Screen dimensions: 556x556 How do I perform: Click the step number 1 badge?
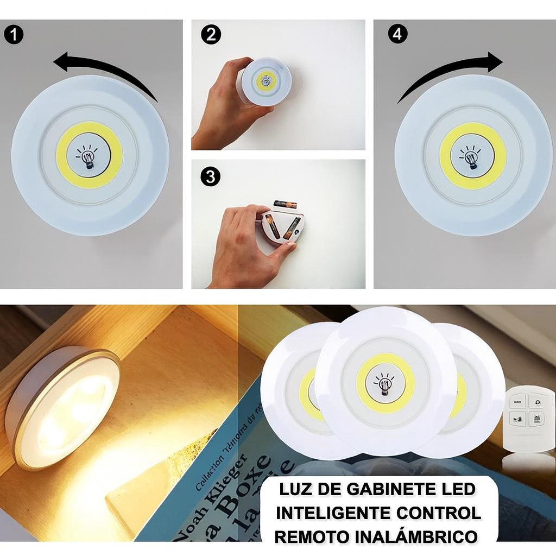(13, 35)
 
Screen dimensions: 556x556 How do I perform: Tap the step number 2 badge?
(211, 35)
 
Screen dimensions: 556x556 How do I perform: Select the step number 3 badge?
(211, 176)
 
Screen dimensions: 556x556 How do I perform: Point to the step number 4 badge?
(397, 34)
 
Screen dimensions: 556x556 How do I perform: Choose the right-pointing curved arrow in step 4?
(451, 71)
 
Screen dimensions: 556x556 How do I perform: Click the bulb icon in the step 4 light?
(472, 156)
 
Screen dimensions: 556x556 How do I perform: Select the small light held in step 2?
(266, 81)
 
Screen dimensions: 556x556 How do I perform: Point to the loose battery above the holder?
(285, 204)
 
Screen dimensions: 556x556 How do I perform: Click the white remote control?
(528, 419)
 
